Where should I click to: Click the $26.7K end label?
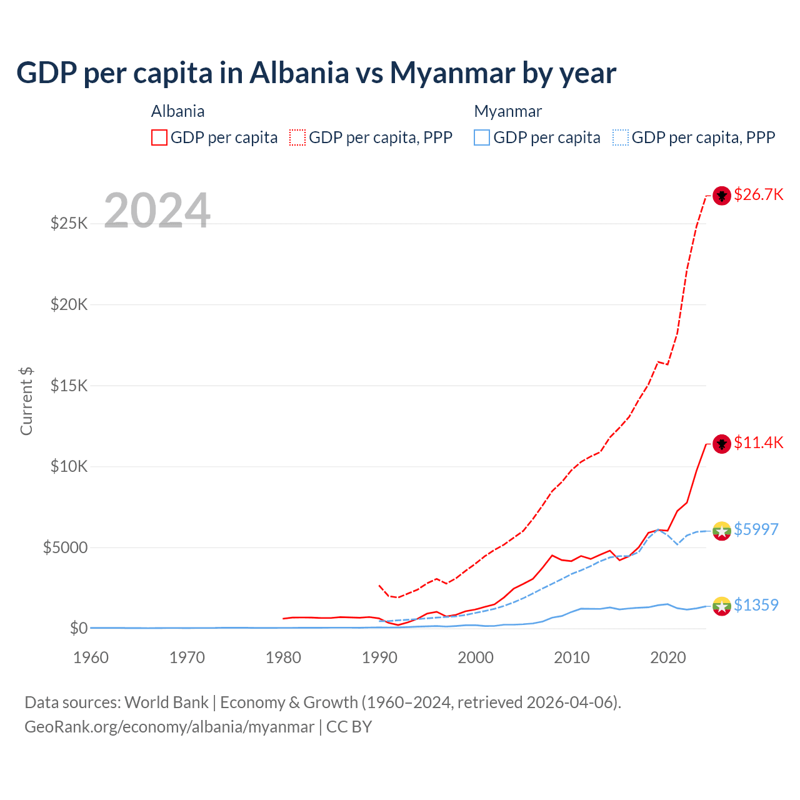758,194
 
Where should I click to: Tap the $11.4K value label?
758,442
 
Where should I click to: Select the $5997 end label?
756,529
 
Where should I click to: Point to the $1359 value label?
756,605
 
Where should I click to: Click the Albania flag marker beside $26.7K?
722,196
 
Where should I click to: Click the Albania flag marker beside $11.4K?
722,444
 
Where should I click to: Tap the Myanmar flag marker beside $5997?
722,531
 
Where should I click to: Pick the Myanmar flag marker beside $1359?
722,606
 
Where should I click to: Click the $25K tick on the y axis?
69,223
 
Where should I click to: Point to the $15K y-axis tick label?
69,386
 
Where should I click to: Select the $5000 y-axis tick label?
65,547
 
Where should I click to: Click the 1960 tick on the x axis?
91,657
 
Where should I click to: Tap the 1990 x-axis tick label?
379,657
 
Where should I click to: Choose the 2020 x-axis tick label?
668,657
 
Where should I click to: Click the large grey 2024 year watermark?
157,211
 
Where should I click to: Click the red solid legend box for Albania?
159,137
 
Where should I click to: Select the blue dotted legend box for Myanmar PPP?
621,137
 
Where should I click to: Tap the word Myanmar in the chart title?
452,73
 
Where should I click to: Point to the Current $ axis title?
26,401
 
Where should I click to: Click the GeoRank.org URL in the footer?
169,727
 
